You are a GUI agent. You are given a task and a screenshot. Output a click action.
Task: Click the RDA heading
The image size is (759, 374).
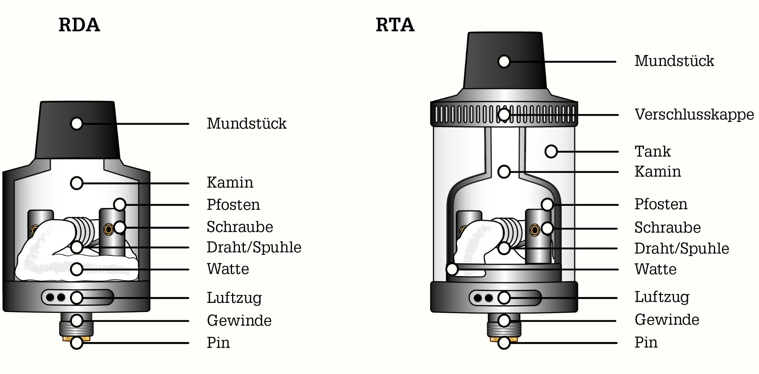coord(79,25)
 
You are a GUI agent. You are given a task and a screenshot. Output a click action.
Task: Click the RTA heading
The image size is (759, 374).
coord(395,25)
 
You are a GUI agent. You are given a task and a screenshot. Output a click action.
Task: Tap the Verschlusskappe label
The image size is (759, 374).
coord(694,115)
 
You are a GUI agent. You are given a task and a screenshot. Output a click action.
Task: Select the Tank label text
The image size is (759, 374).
coord(653,151)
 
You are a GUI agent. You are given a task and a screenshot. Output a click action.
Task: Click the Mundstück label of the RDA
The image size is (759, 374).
coord(246,124)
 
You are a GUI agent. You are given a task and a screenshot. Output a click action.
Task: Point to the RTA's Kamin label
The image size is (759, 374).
coord(657,172)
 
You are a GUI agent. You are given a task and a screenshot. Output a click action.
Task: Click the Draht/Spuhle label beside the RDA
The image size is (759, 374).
coord(254,247)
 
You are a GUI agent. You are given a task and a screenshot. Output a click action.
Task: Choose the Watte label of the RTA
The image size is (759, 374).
coord(655,269)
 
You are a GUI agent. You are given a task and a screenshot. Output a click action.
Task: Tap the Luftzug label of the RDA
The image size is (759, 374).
coord(234,298)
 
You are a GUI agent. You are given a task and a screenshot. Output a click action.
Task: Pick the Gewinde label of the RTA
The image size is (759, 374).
coord(667,320)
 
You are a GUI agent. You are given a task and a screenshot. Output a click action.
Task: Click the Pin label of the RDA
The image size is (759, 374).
coord(218,343)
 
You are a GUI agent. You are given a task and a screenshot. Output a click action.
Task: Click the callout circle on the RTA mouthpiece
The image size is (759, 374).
coord(504,62)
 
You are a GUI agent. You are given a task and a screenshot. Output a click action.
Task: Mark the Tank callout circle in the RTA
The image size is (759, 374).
coord(551,151)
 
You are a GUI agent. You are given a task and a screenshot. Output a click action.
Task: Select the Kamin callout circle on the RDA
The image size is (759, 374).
coord(77,183)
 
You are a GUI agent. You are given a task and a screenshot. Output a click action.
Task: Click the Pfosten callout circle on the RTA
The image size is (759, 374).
coord(547,205)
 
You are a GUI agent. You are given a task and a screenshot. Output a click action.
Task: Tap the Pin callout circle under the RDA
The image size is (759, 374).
coord(77,343)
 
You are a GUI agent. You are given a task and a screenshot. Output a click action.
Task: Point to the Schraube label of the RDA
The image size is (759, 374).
coord(240,227)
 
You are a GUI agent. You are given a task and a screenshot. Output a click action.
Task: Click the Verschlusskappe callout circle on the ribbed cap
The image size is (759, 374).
coord(504,115)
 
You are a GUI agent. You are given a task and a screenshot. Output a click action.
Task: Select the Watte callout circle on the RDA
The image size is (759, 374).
coord(77,269)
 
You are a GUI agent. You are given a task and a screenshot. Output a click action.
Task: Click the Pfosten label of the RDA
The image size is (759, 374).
coord(233,205)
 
